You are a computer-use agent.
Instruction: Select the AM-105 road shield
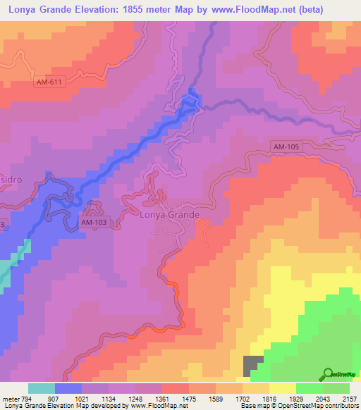[x=287, y=147]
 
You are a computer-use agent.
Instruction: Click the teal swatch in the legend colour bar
[x=42, y=388]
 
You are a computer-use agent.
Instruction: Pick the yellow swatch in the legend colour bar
[x=283, y=388]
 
